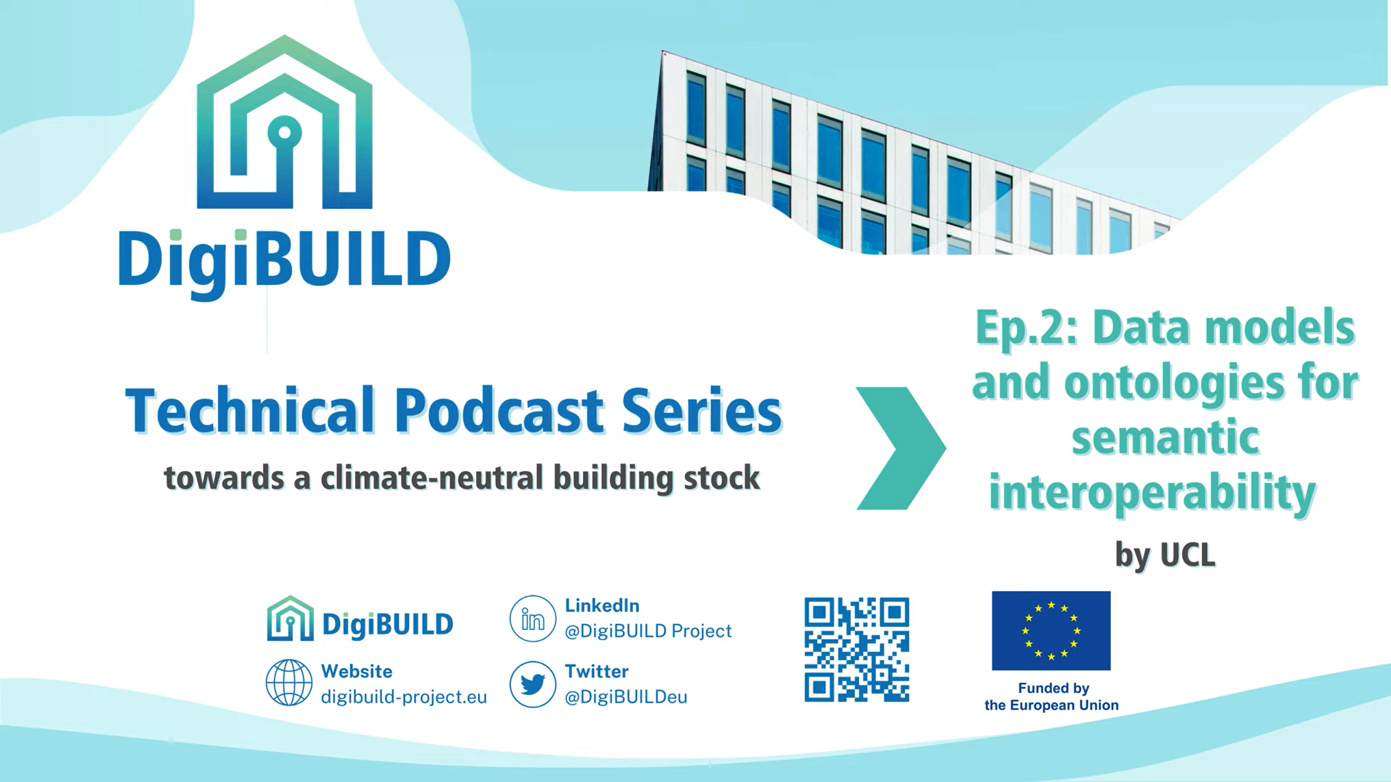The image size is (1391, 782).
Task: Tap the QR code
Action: [857, 649]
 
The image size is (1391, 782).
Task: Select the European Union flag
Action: [1051, 630]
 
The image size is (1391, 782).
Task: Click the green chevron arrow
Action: [901, 448]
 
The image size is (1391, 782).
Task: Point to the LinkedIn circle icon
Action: [532, 618]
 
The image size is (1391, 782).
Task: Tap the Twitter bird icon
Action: [532, 684]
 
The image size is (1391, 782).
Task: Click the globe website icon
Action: [289, 683]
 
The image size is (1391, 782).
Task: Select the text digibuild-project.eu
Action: [404, 697]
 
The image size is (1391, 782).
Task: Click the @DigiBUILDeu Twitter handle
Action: [626, 697]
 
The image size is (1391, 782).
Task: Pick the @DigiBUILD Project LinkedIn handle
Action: [648, 631]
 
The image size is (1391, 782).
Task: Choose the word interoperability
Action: [1152, 493]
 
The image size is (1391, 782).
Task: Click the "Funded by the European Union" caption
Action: [1051, 697]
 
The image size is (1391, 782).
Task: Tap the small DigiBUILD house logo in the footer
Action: [290, 618]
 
